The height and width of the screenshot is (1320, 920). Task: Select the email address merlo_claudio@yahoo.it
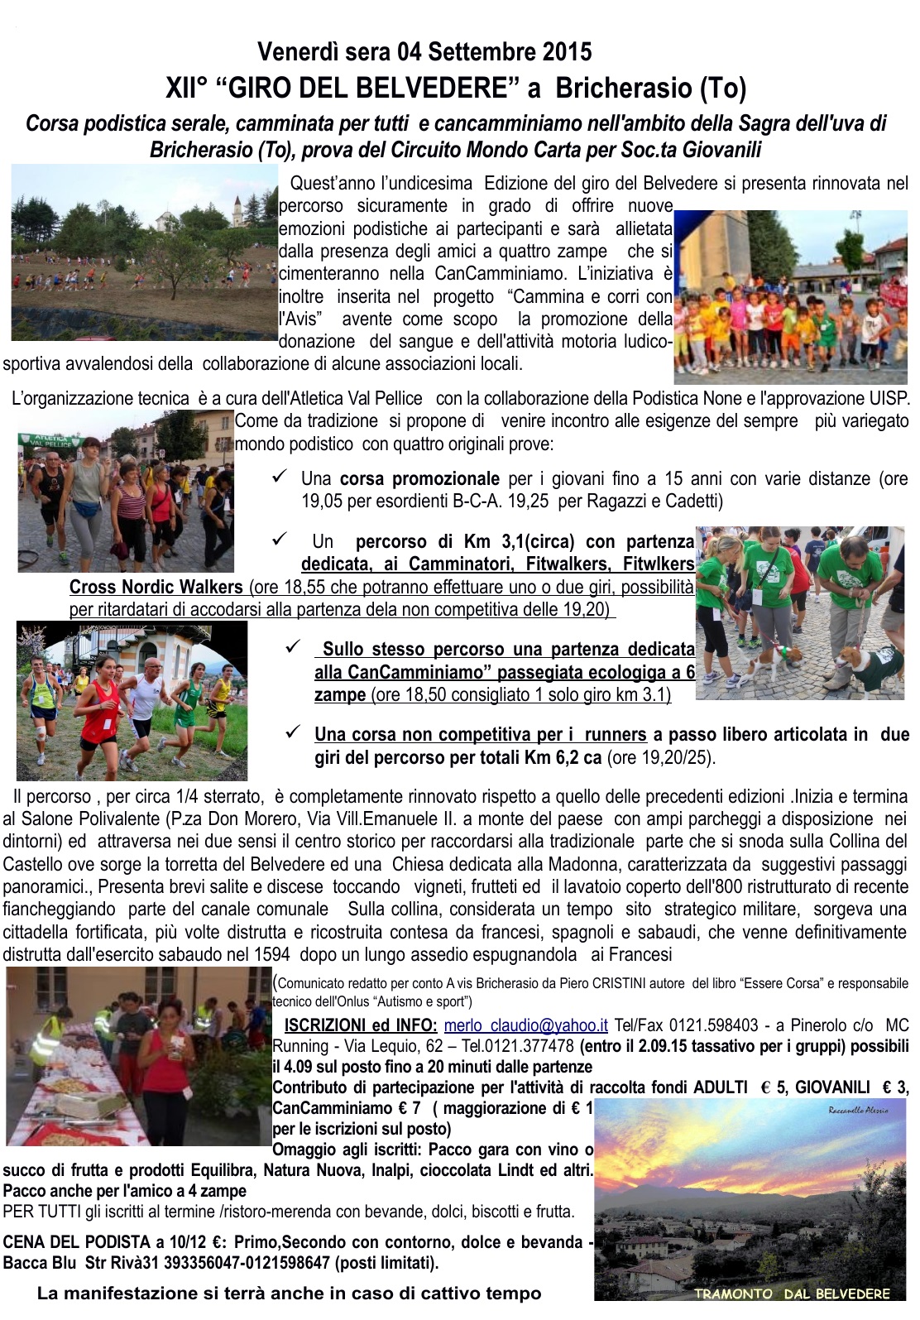tap(526, 1025)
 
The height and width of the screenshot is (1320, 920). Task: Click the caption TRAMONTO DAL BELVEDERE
tap(792, 1294)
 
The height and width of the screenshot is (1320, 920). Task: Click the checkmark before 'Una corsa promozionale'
tap(280, 476)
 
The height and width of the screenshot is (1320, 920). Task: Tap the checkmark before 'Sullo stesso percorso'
tap(292, 647)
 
